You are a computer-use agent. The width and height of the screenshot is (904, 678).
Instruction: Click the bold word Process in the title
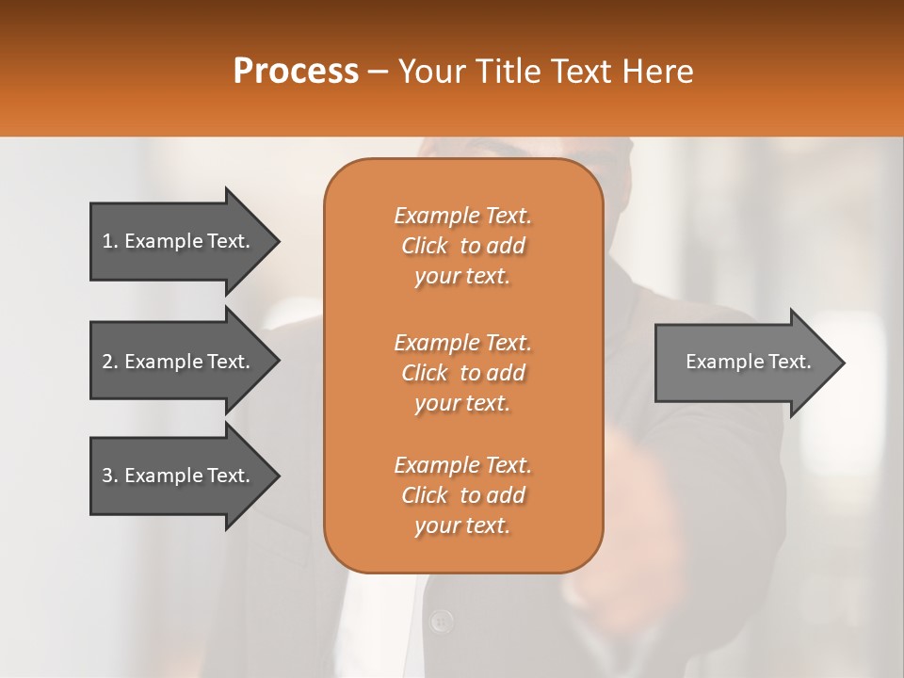tap(296, 72)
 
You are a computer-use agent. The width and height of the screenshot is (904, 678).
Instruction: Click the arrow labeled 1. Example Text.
tap(176, 241)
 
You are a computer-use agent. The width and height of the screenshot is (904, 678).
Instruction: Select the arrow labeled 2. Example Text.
tap(176, 362)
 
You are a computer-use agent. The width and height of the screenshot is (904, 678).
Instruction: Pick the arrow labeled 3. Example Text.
tap(176, 476)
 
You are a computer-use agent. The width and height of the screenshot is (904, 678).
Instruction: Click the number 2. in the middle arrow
tap(110, 362)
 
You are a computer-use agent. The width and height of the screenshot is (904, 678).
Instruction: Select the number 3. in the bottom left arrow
tap(110, 476)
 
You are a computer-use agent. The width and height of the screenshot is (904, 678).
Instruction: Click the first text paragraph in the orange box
tap(462, 246)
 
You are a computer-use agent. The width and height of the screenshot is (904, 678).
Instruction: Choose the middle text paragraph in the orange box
tap(462, 373)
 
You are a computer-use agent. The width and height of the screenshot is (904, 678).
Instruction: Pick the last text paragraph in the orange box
tap(462, 495)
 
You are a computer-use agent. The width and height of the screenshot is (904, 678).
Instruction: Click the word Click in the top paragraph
tap(425, 246)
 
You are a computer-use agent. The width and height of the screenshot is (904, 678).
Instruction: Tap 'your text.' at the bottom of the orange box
tap(462, 525)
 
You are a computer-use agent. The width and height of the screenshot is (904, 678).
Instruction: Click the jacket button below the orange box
tap(441, 621)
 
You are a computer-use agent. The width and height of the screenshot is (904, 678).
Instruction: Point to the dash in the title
tap(379, 72)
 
